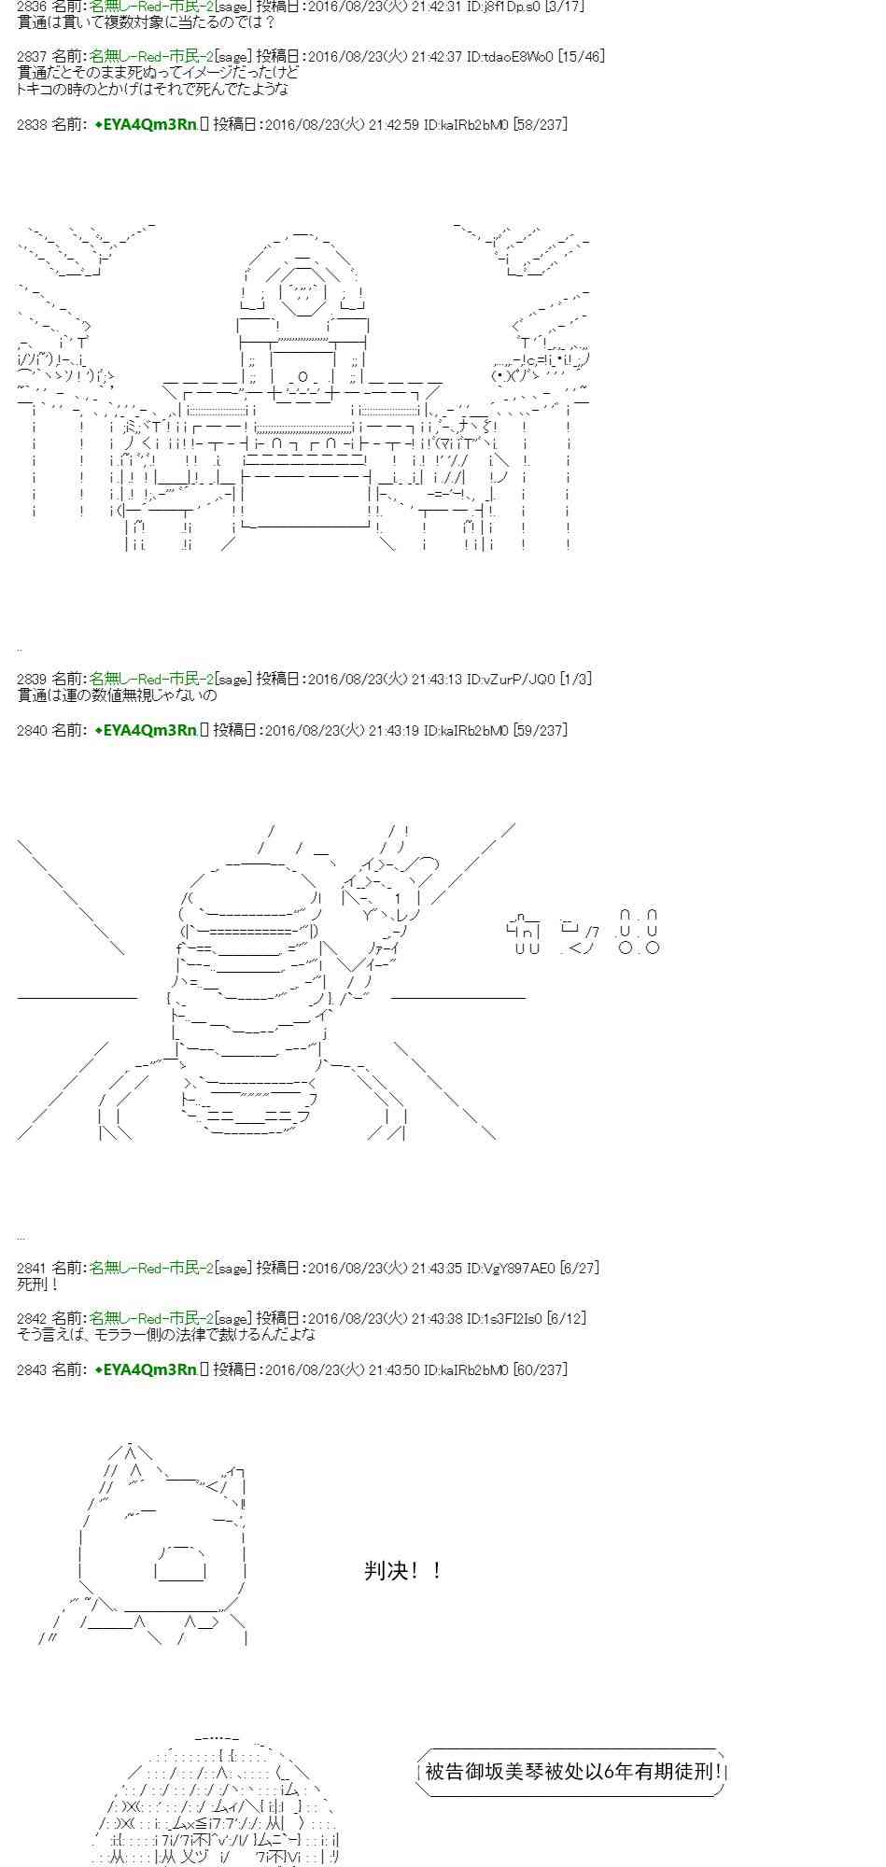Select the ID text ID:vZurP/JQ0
coord(511,679)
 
